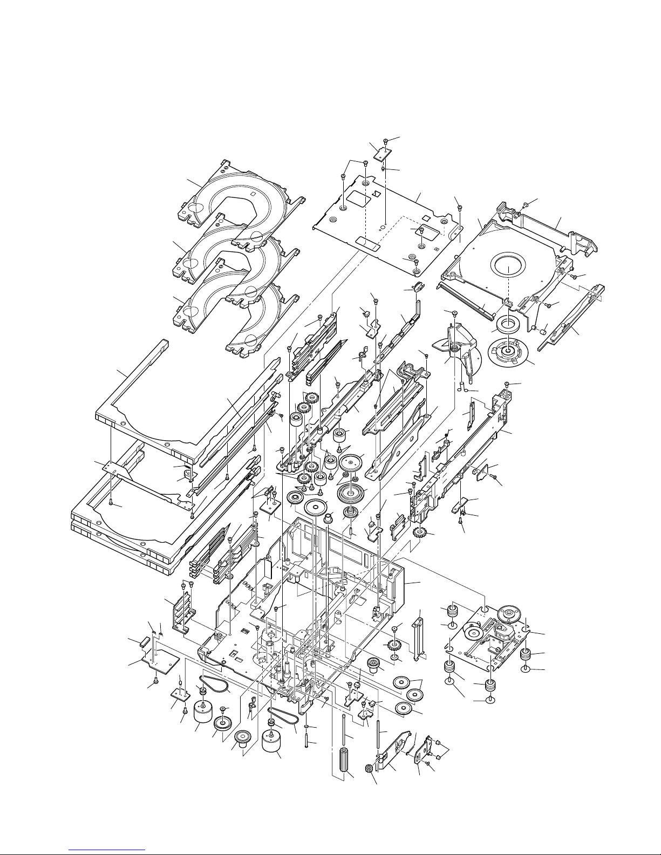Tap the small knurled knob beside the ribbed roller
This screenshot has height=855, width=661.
point(370,769)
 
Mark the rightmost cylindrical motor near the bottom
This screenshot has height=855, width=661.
point(272,744)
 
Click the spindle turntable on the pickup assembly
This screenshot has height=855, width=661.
point(508,613)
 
